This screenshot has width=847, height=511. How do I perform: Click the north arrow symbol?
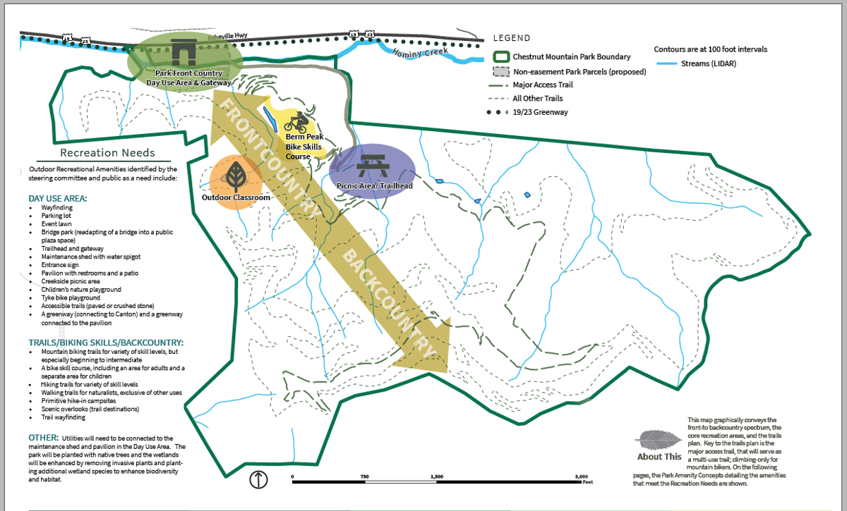coord(259,480)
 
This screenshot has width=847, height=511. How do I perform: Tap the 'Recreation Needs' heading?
coord(107,152)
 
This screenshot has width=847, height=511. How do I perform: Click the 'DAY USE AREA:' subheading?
coord(58,199)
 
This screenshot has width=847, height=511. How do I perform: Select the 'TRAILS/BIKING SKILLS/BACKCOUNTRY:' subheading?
coord(96,342)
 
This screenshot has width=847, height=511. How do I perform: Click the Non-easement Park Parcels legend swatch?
coord(503,71)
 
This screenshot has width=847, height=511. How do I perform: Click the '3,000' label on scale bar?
coord(581,476)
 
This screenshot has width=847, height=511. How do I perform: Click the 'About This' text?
coord(659,456)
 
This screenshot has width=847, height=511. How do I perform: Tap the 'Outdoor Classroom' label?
coord(236,197)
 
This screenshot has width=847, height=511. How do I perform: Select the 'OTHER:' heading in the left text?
coord(44,438)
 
